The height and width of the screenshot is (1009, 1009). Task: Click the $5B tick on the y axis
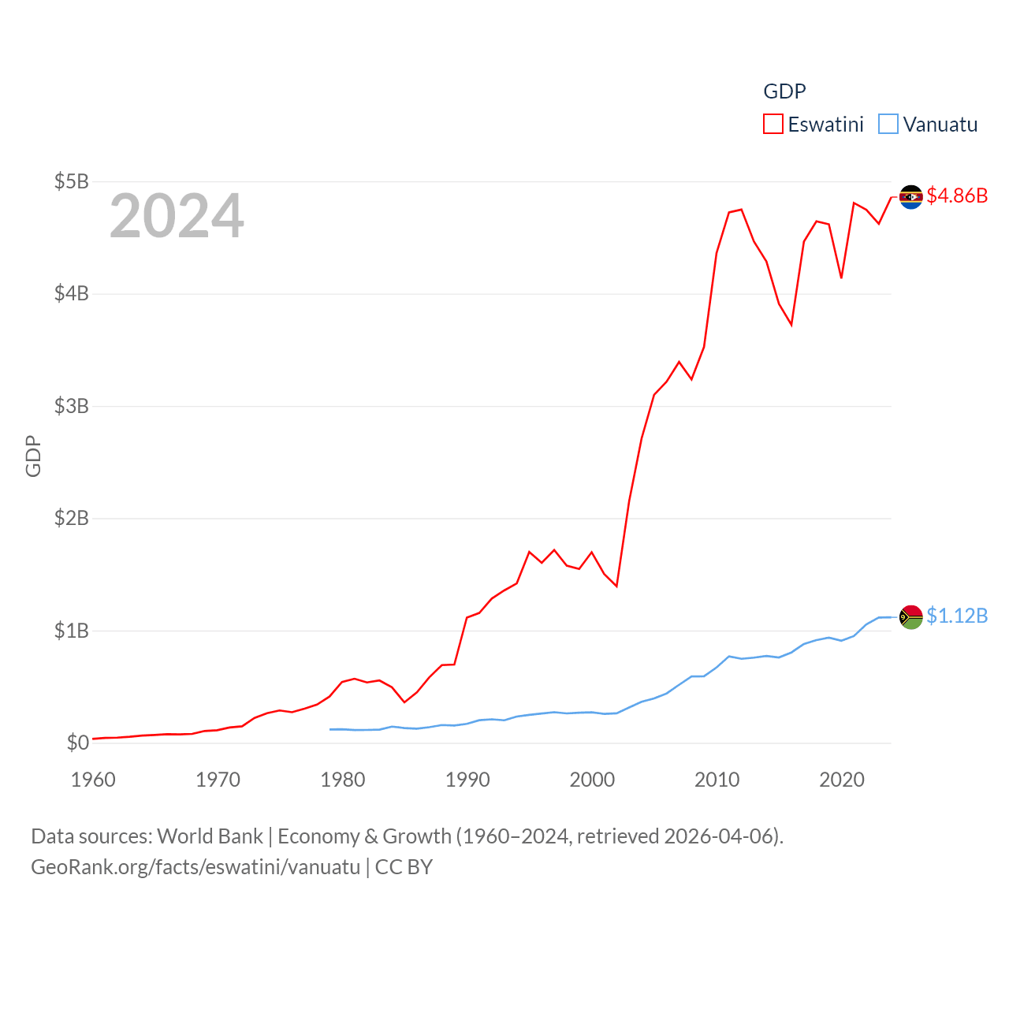tap(71, 181)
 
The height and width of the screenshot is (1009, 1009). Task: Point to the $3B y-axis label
tap(71, 406)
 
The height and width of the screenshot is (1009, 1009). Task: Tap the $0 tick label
tap(77, 743)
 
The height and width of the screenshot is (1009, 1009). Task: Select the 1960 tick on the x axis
tap(93, 780)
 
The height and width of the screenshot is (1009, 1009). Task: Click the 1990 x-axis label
tap(467, 780)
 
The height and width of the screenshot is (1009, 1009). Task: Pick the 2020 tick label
tap(842, 780)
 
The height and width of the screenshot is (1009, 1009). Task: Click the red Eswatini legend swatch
tap(773, 125)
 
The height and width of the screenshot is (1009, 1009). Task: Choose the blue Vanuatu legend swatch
tap(888, 125)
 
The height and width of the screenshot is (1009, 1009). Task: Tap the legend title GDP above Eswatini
tap(784, 91)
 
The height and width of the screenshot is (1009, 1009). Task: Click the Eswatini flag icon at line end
tap(911, 196)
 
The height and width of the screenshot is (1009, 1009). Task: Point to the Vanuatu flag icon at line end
tap(911, 616)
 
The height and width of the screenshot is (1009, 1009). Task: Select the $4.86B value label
tap(957, 195)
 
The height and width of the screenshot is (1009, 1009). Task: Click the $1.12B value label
tap(957, 616)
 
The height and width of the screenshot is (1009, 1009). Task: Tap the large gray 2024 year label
tap(177, 216)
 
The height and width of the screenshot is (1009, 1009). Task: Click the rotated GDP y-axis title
tap(33, 456)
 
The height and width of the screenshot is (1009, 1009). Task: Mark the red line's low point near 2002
tap(616, 586)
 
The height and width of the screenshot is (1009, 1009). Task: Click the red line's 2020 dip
tap(841, 277)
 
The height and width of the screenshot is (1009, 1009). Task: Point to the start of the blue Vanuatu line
tap(330, 729)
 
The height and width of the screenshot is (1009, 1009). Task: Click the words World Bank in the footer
tap(210, 836)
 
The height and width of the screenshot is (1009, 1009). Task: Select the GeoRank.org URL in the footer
tap(195, 867)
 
